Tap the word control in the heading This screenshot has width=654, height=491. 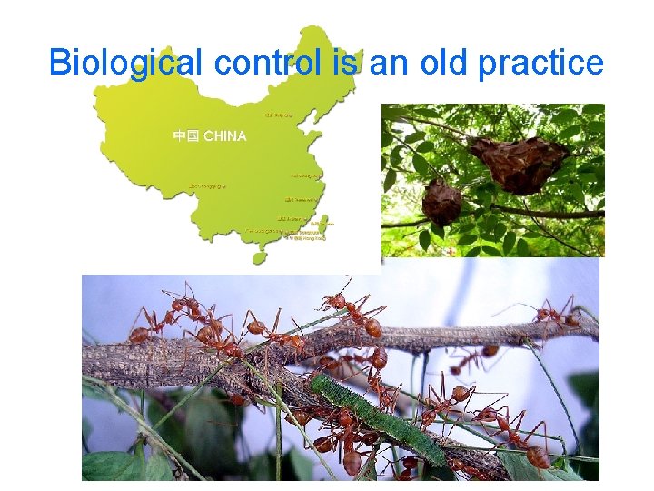[x=266, y=63]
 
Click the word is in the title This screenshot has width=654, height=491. [x=345, y=63]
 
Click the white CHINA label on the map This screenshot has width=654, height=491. [x=224, y=136]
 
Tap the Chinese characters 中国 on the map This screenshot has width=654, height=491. [x=186, y=136]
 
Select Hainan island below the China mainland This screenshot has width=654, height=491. [x=260, y=257]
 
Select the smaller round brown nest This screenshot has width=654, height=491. [x=441, y=201]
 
